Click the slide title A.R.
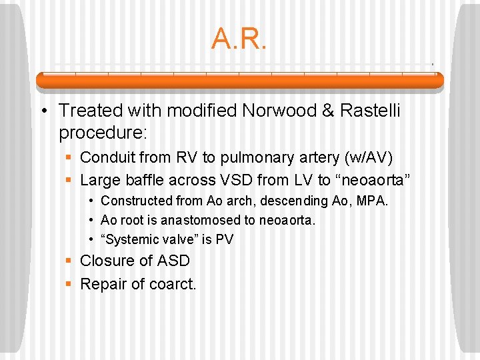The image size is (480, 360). (x=239, y=39)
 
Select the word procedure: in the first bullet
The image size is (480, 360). (x=102, y=133)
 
